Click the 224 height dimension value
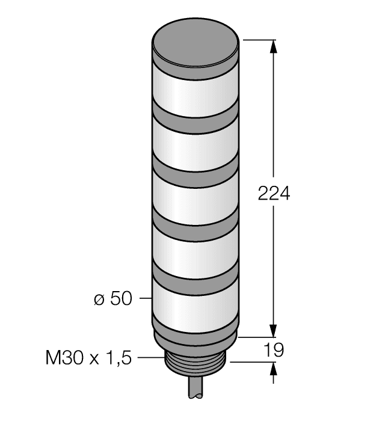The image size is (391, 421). [274, 194]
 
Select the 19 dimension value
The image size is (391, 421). [273, 350]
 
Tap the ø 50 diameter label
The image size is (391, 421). [112, 299]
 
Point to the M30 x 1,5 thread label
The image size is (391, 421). [88, 358]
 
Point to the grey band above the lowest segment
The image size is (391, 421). [197, 280]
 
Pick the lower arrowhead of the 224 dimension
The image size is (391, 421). [274, 331]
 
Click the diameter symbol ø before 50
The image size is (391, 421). [100, 300]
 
